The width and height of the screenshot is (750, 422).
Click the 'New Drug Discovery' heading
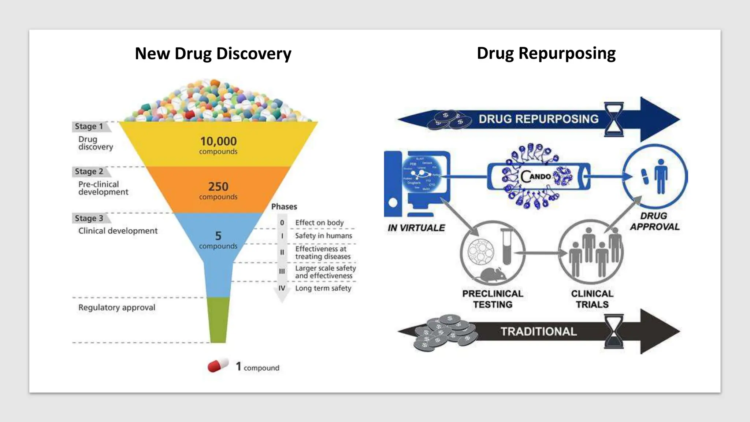click(x=213, y=53)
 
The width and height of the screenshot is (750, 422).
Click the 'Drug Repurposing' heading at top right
click(x=546, y=53)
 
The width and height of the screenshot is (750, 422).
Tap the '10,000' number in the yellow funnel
click(x=218, y=141)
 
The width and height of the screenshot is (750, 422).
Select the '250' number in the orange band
click(x=218, y=186)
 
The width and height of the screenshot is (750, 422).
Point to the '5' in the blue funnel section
click(x=218, y=236)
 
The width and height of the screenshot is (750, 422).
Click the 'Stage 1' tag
click(x=89, y=126)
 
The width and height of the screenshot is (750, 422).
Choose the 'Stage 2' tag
click(x=89, y=171)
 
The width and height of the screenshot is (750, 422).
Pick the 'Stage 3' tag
click(x=89, y=218)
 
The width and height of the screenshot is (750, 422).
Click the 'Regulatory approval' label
click(x=117, y=307)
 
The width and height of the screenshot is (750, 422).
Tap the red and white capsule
click(x=218, y=366)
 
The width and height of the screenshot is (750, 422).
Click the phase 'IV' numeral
click(x=282, y=288)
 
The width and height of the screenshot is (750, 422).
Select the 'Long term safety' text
click(x=323, y=288)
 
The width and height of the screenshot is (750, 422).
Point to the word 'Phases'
click(x=284, y=207)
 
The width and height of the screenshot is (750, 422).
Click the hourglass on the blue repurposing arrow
click(x=614, y=119)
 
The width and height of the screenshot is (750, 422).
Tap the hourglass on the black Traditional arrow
click(x=614, y=331)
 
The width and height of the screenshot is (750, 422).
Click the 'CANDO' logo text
click(x=536, y=176)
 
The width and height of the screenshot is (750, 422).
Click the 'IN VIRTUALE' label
click(x=416, y=228)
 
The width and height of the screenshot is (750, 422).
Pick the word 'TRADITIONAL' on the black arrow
click(x=539, y=332)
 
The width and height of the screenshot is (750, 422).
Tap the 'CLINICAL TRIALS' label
click(x=592, y=299)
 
